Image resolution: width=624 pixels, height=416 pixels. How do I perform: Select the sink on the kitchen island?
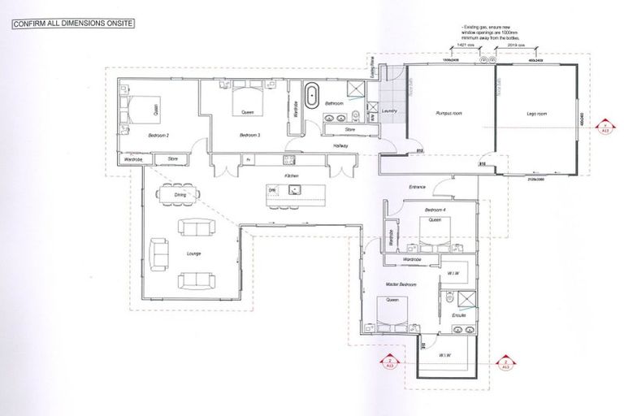[295, 190]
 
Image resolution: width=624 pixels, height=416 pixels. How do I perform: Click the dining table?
[180, 195]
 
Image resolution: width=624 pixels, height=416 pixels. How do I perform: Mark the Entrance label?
[417, 188]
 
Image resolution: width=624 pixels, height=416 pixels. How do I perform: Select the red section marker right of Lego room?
[603, 126]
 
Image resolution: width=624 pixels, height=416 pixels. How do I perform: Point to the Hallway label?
[341, 145]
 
